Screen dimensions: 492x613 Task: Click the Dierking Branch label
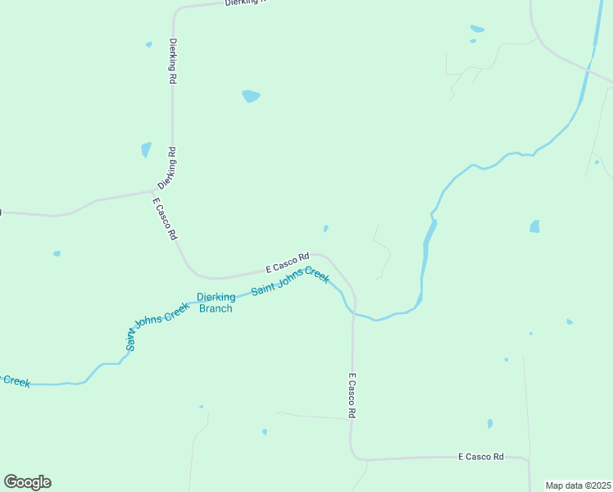pyautogui.click(x=216, y=303)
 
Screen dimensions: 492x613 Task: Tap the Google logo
pyautogui.click(x=27, y=482)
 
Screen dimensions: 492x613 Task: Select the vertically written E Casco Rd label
pyautogui.click(x=352, y=397)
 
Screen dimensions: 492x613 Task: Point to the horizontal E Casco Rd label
pyautogui.click(x=481, y=456)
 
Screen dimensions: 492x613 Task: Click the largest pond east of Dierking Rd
pyautogui.click(x=251, y=96)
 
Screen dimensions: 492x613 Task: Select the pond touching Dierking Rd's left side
pyautogui.click(x=146, y=149)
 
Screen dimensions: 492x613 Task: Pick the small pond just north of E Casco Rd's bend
pyautogui.click(x=326, y=229)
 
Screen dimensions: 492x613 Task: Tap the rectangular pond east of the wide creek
pyautogui.click(x=535, y=226)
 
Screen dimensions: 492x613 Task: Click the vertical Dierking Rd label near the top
pyautogui.click(x=173, y=61)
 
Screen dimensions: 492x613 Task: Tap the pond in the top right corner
pyautogui.click(x=476, y=30)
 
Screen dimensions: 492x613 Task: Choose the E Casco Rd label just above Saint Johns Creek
pyautogui.click(x=287, y=262)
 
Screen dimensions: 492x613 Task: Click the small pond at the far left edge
pyautogui.click(x=57, y=253)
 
